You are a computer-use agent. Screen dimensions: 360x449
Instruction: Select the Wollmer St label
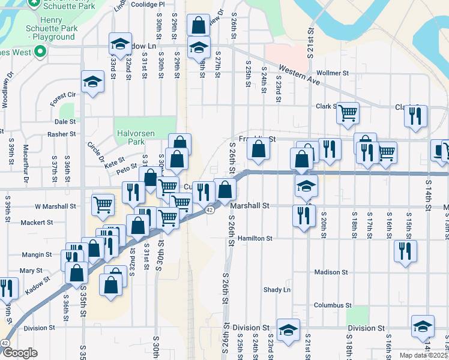(332, 73)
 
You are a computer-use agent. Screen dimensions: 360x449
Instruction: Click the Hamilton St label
(255, 238)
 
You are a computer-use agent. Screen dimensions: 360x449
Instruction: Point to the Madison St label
(331, 272)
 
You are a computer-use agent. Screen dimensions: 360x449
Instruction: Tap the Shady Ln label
(277, 290)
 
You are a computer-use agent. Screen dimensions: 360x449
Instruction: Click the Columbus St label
(332, 305)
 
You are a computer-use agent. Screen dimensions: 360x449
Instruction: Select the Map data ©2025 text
(423, 355)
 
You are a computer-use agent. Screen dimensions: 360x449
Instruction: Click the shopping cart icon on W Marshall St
(103, 204)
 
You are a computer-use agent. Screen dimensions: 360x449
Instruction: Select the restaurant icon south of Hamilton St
(405, 250)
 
